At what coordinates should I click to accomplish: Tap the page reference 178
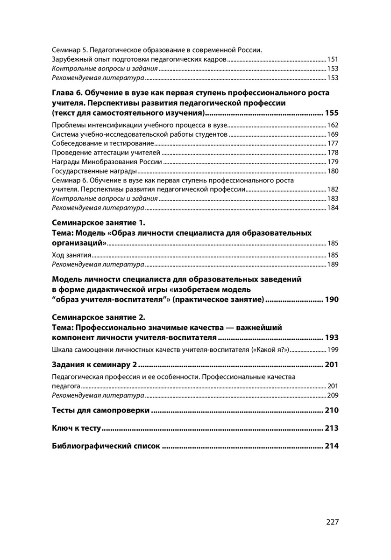pyautogui.click(x=332, y=153)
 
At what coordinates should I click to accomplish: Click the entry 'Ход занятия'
pyautogui.click(x=71, y=255)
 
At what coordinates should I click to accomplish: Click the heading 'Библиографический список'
pyautogui.click(x=106, y=446)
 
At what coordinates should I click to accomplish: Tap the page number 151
pyautogui.click(x=332, y=60)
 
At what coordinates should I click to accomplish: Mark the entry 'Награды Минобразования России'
pyautogui.click(x=107, y=162)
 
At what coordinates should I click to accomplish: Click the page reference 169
pyautogui.click(x=332, y=134)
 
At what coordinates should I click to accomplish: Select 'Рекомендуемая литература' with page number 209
pyautogui.click(x=98, y=395)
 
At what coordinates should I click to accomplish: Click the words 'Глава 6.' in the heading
pyautogui.click(x=67, y=93)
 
